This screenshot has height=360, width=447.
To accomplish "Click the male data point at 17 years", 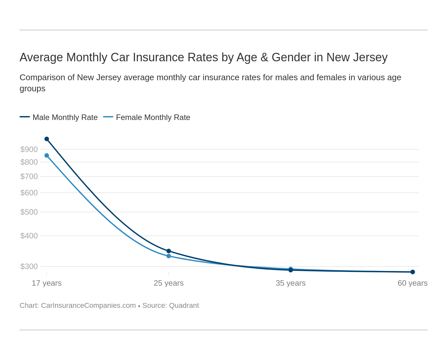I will [x=47, y=139].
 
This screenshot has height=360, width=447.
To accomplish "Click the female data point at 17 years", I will [x=47, y=156].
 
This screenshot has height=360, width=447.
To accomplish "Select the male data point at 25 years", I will [x=169, y=251].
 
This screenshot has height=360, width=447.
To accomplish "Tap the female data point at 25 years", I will [x=169, y=256].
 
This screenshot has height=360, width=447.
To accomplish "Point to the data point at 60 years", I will [x=412, y=272].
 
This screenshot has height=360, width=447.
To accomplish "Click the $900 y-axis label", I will [x=29, y=149].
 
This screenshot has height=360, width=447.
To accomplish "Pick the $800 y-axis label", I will [x=29, y=162].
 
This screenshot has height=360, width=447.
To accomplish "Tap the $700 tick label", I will [x=29, y=176].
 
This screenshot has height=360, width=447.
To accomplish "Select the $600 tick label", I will [x=29, y=193].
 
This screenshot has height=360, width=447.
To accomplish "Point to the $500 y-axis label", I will [x=29, y=212].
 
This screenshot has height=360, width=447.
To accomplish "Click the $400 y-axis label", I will [x=29, y=236].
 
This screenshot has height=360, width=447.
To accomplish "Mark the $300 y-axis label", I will [x=29, y=266].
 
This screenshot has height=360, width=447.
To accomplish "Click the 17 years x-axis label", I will [x=47, y=283].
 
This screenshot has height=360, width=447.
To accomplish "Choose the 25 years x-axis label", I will [x=169, y=283].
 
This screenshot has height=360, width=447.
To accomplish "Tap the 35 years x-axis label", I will [x=291, y=283].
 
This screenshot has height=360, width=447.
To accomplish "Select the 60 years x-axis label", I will [x=412, y=283].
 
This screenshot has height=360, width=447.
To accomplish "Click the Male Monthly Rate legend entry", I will [x=65, y=117].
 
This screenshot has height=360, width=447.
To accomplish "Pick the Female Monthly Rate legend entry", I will [x=153, y=117].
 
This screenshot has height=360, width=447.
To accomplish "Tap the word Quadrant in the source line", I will [x=184, y=306].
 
